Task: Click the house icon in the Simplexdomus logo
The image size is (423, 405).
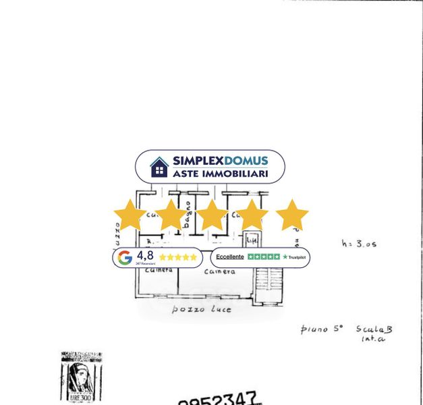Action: point(159,167)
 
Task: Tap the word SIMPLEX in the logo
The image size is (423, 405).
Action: point(198,161)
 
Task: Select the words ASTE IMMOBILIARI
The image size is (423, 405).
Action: point(220,173)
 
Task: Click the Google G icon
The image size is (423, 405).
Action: point(125,257)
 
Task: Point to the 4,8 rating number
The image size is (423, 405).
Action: point(145,255)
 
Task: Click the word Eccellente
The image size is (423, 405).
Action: point(230,257)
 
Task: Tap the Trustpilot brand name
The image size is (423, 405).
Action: point(296,257)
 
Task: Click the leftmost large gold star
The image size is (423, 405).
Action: point(130,215)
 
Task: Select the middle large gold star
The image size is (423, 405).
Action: point(211,215)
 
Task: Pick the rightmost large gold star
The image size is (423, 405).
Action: point(292,215)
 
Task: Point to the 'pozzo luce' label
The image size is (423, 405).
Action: point(201,309)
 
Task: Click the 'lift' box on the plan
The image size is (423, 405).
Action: point(252,240)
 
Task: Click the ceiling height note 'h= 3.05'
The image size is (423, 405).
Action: point(359,244)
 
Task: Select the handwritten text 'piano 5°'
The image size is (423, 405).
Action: point(321,329)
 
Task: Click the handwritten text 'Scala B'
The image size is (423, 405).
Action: point(374,329)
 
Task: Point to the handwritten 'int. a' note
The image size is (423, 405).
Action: point(372,339)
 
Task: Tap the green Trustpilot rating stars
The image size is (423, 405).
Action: point(263,257)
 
